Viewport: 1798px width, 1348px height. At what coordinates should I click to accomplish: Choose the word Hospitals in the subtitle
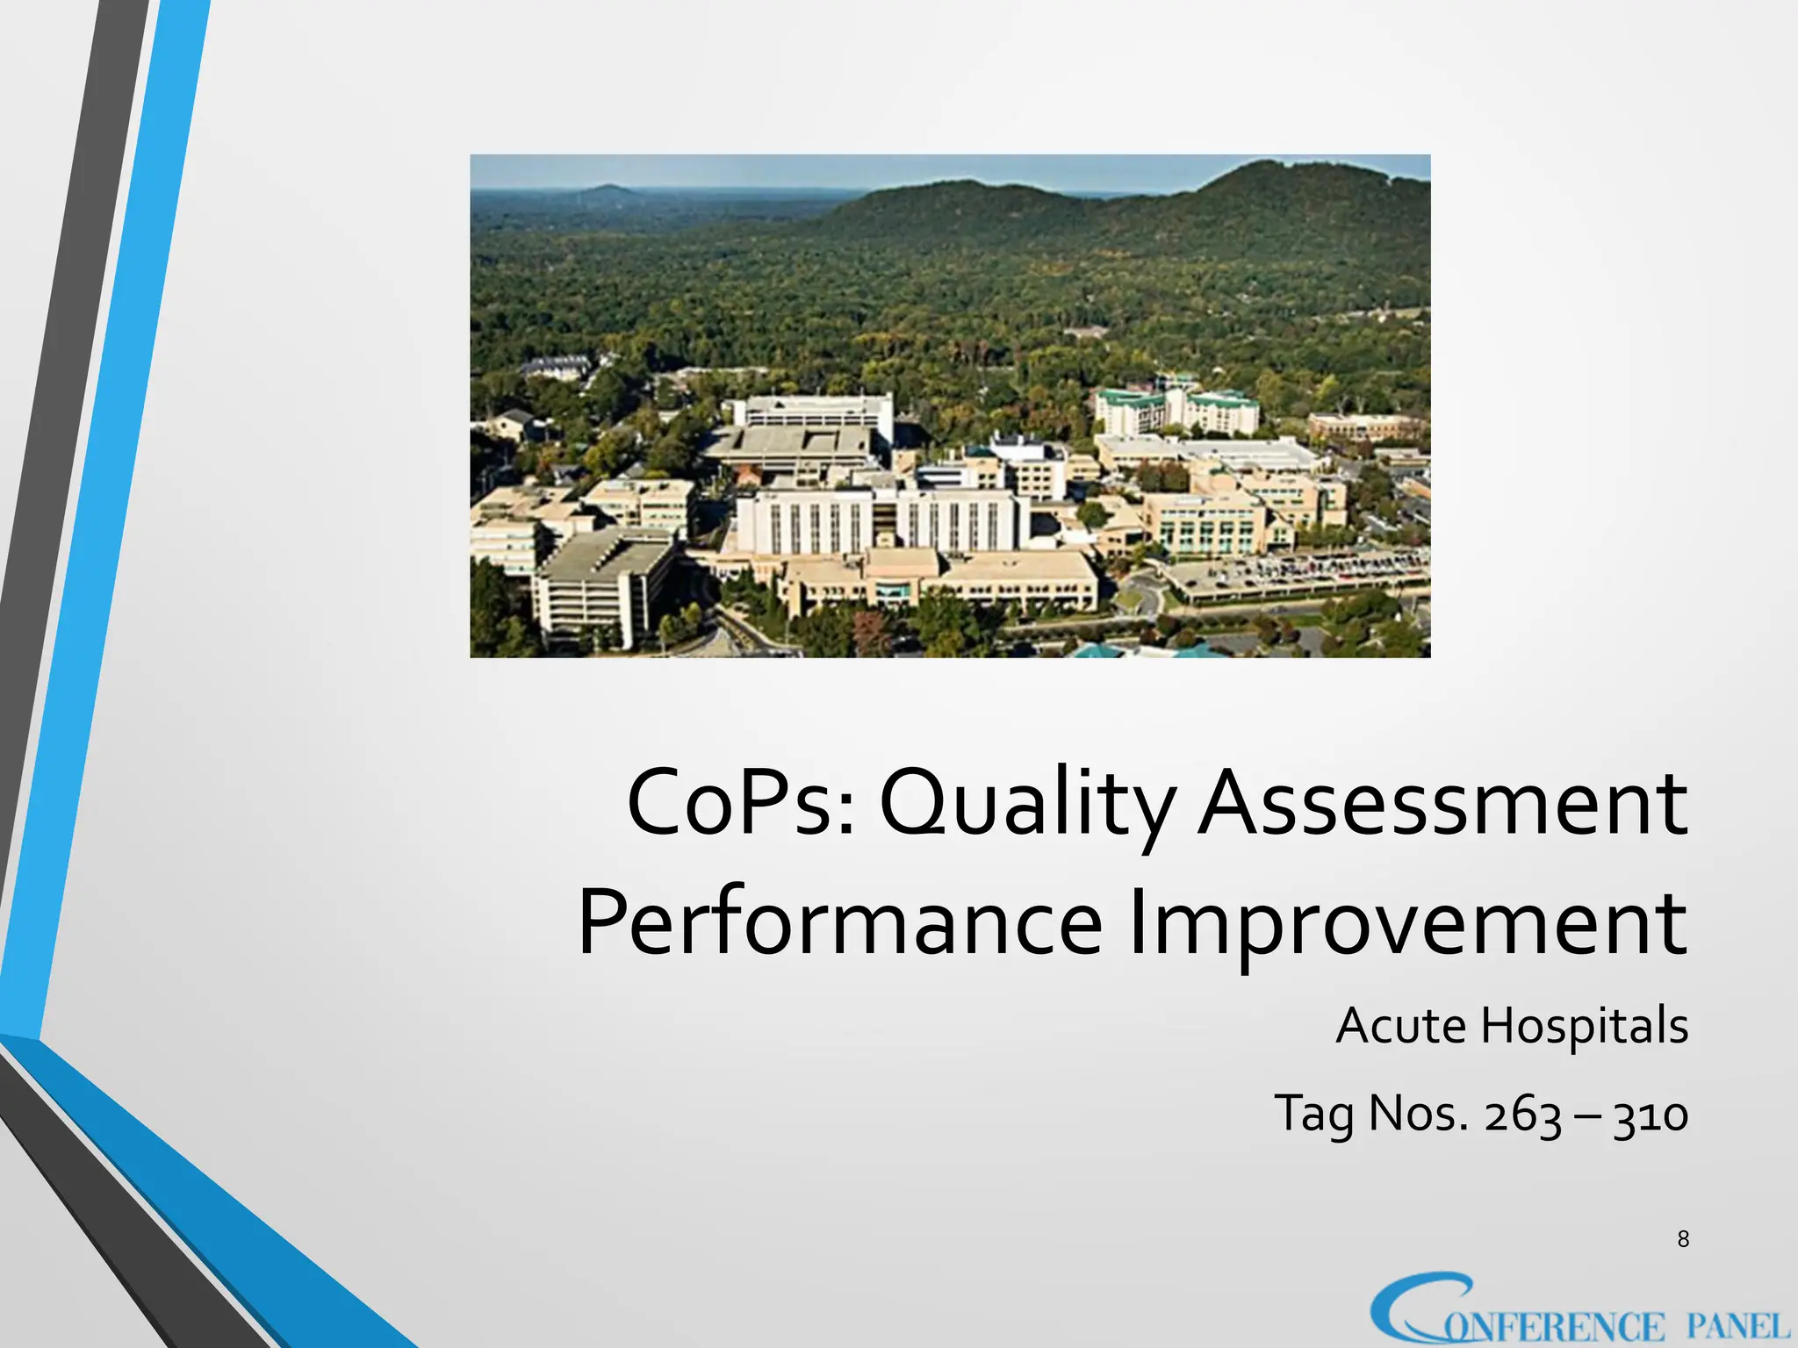1584,1025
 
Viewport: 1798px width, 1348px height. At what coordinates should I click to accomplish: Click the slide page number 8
1683,1238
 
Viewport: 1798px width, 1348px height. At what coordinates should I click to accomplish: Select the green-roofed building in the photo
1176,408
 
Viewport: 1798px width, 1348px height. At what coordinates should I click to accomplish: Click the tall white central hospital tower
878,522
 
